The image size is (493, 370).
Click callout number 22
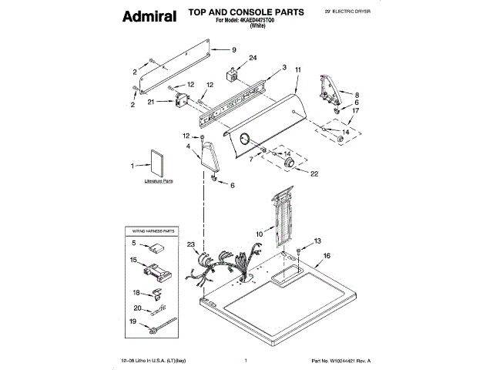(x=314, y=174)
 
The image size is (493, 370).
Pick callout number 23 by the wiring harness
(x=191, y=245)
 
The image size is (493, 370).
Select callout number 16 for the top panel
(x=327, y=255)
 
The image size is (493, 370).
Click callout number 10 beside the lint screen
(x=259, y=231)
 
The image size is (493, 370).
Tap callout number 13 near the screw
(x=317, y=242)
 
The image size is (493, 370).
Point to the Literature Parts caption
(x=159, y=182)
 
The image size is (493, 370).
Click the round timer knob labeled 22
(x=291, y=164)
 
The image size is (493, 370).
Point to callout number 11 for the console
(x=298, y=70)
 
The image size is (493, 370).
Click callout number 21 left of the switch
(x=151, y=102)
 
